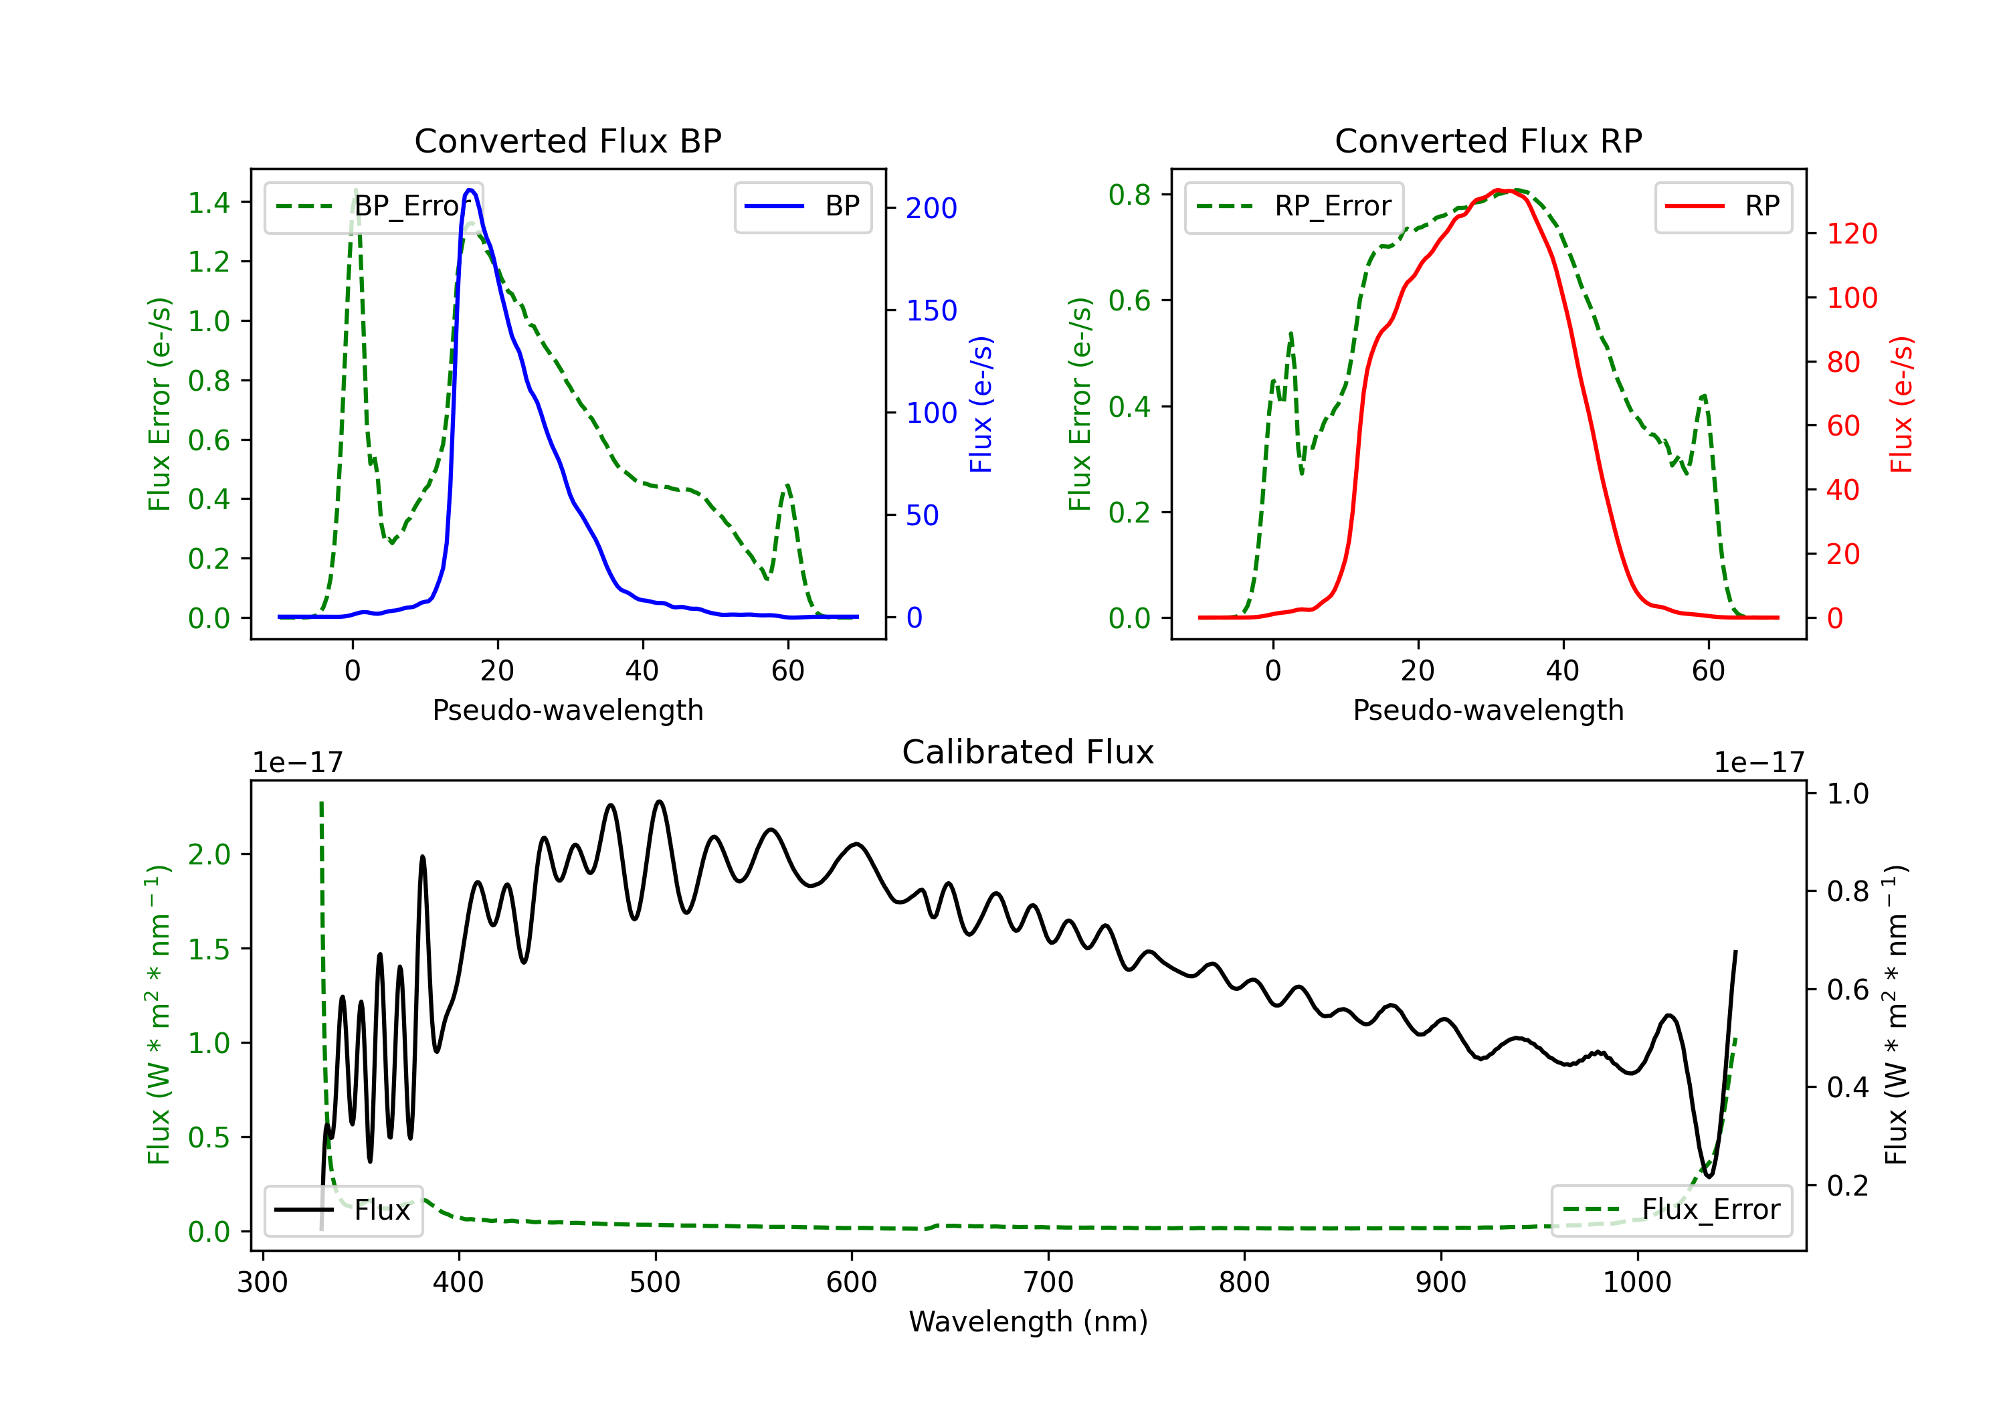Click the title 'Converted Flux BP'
[567, 140]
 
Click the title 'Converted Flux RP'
[1488, 140]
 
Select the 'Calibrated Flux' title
[1028, 752]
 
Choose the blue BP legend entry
[802, 206]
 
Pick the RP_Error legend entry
[1294, 206]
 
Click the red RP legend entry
[1723, 206]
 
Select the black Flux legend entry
[343, 1210]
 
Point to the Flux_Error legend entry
[1671, 1210]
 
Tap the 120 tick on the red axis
[1851, 233]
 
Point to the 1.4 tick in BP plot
[208, 203]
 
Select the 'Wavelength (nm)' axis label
[1028, 1322]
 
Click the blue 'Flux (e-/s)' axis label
[981, 404]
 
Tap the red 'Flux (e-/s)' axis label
[1902, 404]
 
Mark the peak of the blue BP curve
[470, 190]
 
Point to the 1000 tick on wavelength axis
[1636, 1283]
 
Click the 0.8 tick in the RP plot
[1129, 194]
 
